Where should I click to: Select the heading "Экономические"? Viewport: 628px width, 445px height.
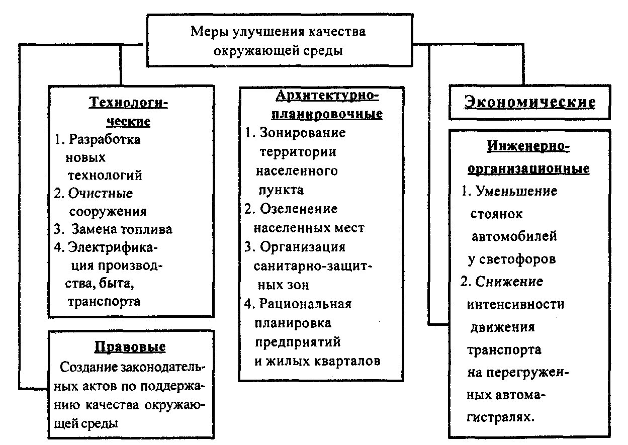529,102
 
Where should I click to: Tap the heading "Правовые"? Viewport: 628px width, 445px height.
130,347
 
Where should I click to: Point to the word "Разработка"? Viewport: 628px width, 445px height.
105,139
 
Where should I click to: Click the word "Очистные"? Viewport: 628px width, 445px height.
101,194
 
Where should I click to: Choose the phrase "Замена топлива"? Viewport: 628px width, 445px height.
122,229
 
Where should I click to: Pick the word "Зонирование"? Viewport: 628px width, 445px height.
303,133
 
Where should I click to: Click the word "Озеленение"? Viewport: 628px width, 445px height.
299,209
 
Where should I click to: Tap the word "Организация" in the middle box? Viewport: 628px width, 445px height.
303,247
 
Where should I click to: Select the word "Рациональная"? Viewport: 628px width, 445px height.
305,304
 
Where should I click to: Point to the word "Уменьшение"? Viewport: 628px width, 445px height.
517,191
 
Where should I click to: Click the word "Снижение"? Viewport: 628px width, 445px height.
509,282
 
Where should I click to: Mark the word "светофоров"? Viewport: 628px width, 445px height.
517,259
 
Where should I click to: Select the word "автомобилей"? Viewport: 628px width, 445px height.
514,236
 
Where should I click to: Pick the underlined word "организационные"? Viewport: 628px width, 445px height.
528,169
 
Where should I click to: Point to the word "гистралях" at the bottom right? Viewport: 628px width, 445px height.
501,417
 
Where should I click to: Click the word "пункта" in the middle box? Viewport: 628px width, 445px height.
281,191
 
